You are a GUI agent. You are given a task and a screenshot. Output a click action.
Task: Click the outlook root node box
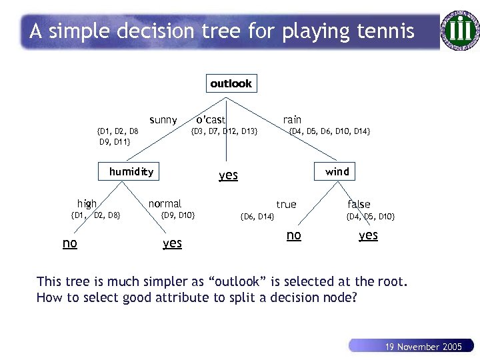[x=231, y=83]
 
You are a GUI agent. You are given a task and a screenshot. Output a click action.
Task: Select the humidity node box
[x=131, y=171]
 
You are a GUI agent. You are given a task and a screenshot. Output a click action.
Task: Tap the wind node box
[x=337, y=171]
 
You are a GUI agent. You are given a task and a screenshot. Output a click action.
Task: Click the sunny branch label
[x=163, y=120]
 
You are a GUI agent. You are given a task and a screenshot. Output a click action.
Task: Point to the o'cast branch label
[x=211, y=119]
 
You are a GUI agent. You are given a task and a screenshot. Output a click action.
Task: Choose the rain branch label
[x=292, y=119]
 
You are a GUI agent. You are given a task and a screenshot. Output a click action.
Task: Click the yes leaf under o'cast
[x=228, y=175]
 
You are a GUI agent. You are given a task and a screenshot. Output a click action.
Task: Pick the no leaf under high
[x=69, y=243]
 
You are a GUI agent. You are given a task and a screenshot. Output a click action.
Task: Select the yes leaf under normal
[x=172, y=243]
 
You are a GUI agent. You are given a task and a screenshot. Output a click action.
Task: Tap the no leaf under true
[x=293, y=235]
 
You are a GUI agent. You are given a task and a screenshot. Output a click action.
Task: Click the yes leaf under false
[x=368, y=235]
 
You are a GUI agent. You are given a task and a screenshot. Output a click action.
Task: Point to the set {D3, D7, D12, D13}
[x=224, y=131]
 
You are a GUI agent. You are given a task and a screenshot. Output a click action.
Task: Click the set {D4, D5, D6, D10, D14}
[x=329, y=131]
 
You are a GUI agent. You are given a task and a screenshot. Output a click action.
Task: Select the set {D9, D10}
[x=178, y=215]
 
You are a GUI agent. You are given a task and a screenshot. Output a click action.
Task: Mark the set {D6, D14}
[x=257, y=217]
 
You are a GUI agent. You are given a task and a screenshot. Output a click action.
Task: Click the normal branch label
[x=165, y=203]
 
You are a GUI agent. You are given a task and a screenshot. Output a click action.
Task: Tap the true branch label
[x=287, y=204]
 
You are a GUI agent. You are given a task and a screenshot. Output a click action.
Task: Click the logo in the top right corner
[x=460, y=29]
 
